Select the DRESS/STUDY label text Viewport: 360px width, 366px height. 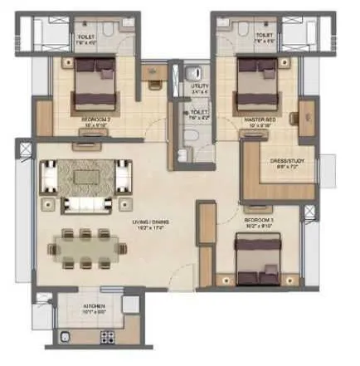tap(286, 163)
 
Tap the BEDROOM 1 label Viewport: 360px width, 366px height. tap(259, 220)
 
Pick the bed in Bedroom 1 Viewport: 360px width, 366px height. tap(256, 258)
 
